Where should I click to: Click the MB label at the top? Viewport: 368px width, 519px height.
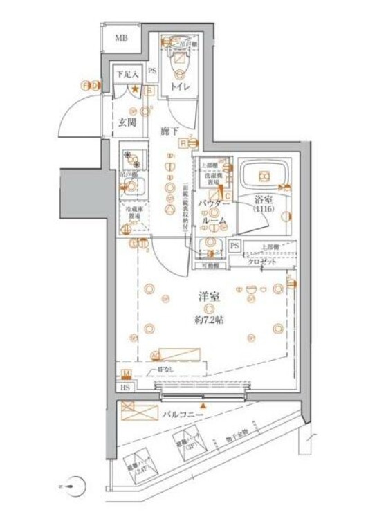click(x=122, y=37)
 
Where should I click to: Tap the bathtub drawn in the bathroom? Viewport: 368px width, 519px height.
click(x=264, y=176)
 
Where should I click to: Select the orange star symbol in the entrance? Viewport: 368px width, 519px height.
click(x=136, y=89)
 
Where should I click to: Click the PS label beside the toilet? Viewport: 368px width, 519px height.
click(x=151, y=71)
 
